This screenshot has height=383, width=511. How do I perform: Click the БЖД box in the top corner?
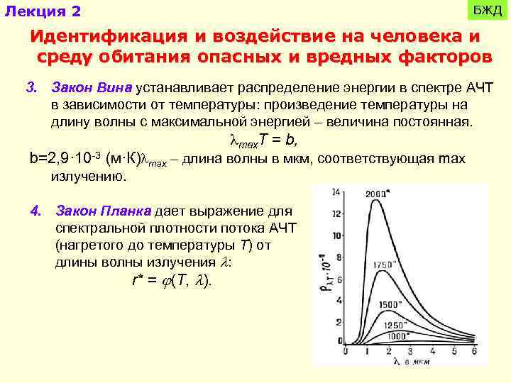click(x=488, y=10)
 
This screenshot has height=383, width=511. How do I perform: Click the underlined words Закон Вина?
click(x=92, y=88)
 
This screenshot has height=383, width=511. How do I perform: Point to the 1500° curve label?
click(x=391, y=304)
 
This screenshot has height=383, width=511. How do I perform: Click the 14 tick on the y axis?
click(x=337, y=191)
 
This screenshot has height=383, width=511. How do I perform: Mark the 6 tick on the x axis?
click(x=473, y=352)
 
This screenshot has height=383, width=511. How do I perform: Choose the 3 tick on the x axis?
click(x=410, y=352)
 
